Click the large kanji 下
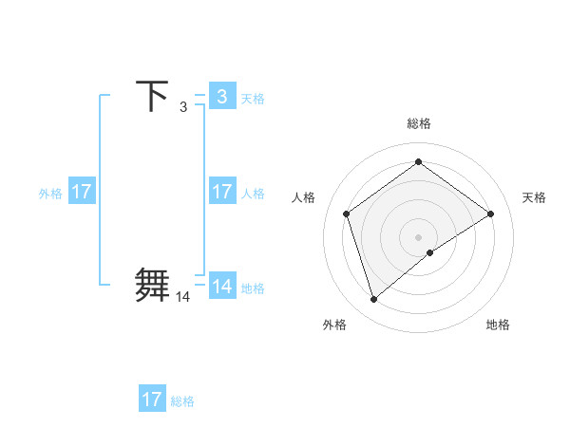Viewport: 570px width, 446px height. coord(153,96)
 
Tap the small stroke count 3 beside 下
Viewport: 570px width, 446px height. coord(183,107)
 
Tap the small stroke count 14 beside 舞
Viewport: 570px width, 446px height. coord(182,297)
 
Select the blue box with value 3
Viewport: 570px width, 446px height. coord(222,97)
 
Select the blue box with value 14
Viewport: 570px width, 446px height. coord(222,287)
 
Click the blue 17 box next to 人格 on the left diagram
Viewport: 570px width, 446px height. coord(222,192)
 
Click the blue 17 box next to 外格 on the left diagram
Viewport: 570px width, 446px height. coord(82,192)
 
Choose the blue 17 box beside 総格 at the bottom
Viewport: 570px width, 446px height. coord(152,400)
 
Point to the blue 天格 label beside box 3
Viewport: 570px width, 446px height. coord(253,98)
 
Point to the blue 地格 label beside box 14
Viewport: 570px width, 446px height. coord(253,288)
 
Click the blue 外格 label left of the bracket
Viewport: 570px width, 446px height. coord(50,193)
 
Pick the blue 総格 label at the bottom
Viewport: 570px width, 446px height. coord(182,400)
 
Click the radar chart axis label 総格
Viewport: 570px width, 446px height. coord(419,123)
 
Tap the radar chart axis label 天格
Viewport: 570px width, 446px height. coord(535,197)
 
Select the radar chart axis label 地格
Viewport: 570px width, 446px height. coord(498,325)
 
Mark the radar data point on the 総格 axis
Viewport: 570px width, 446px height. coord(418,162)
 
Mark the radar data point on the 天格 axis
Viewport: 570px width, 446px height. coord(490,214)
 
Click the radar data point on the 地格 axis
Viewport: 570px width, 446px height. coord(430,252)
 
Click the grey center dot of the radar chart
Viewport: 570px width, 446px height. coord(418,236)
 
